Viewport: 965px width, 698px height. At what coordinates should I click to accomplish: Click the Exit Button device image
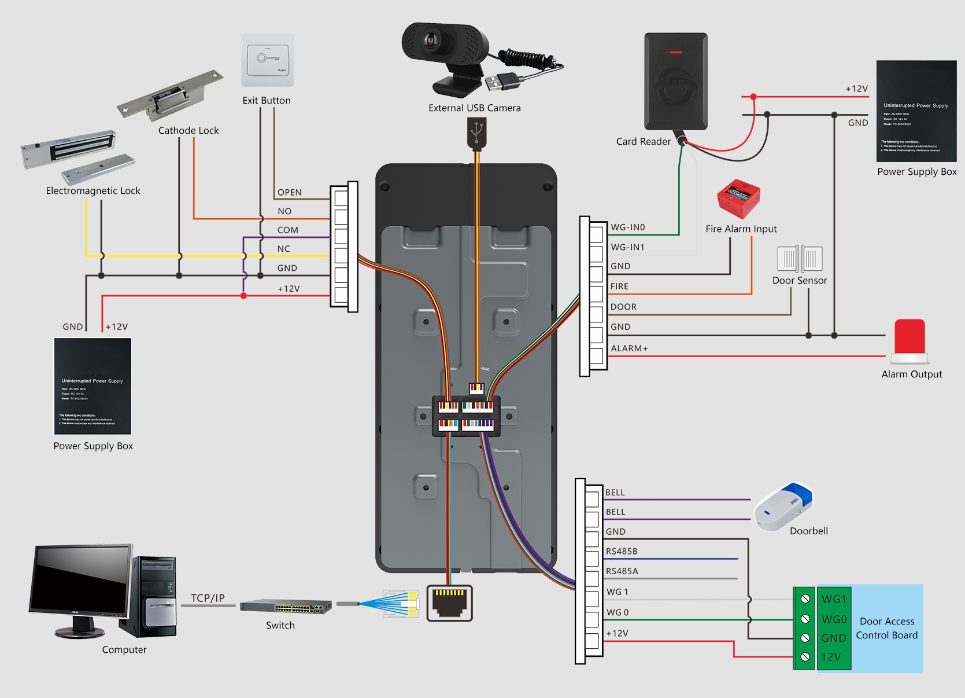(268, 60)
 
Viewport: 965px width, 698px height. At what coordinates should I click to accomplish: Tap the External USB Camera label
(474, 108)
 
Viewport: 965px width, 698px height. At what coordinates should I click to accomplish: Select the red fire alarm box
(738, 199)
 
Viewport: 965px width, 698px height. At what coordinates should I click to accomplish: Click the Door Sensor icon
(800, 259)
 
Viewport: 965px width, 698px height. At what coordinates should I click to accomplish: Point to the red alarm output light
(909, 339)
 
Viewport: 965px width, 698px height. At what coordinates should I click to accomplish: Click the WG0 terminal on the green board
(834, 619)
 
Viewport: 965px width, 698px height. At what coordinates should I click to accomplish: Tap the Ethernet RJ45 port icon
(449, 603)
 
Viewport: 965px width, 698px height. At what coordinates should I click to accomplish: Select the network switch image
(286, 607)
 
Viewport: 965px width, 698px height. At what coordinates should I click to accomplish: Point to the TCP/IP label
(208, 598)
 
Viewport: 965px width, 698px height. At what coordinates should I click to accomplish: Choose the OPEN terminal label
(289, 193)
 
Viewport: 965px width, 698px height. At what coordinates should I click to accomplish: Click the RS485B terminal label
(622, 552)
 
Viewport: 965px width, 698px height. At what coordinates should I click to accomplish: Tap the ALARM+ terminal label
(629, 348)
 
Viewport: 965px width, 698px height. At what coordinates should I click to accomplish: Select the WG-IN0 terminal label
(627, 227)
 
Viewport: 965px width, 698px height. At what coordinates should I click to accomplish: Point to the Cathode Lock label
(188, 131)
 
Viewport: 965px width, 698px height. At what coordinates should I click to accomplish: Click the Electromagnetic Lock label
(93, 191)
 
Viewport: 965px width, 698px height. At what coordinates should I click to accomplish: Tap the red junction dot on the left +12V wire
(243, 296)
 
